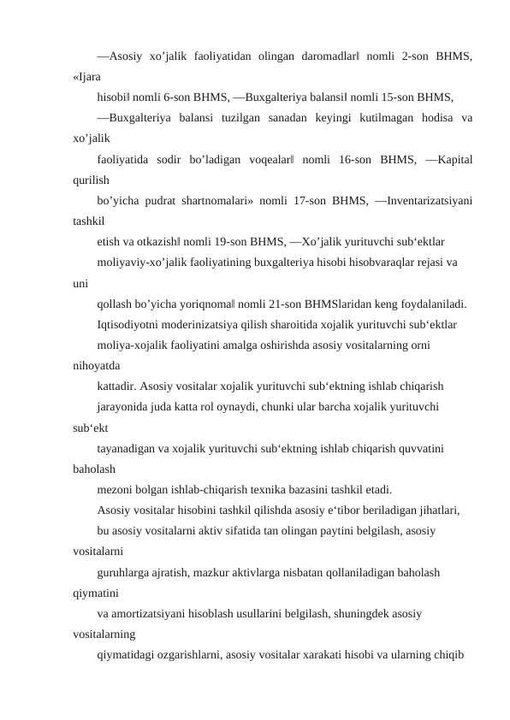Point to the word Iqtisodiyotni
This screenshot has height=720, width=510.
coord(129,323)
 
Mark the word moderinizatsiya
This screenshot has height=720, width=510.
coord(205,323)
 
